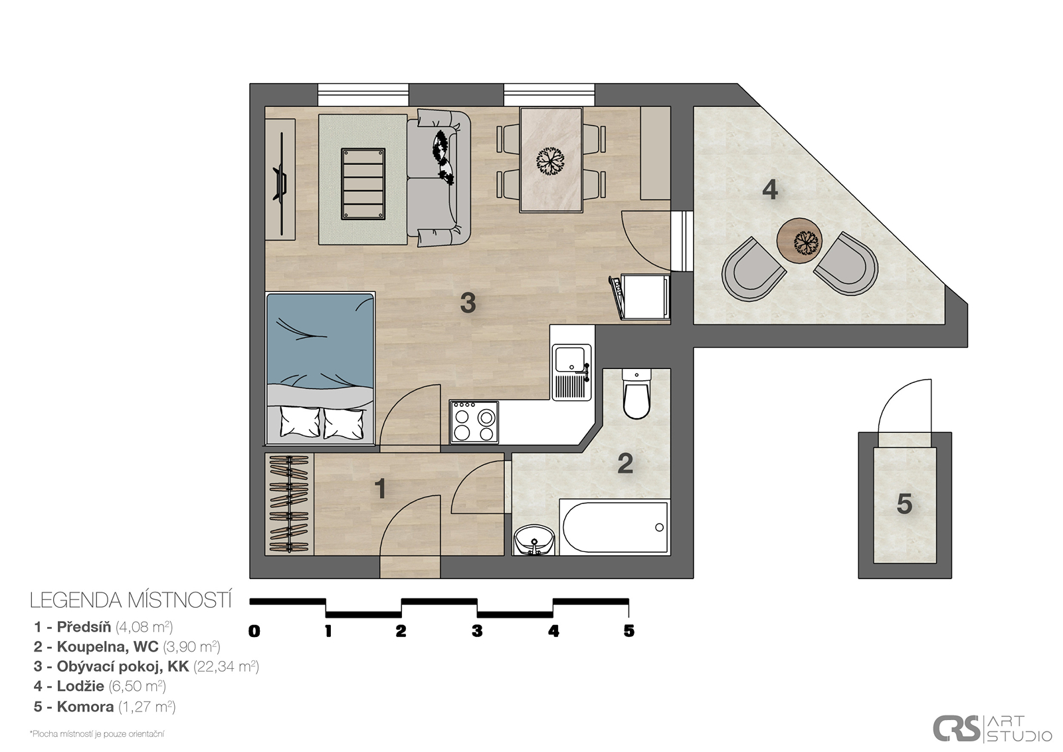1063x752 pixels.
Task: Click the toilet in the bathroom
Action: (636, 394)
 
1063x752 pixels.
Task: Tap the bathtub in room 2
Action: (615, 527)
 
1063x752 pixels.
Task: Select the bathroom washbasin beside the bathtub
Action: (534, 540)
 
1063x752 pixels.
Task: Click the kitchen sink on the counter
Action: (572, 372)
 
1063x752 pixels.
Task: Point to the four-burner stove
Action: (474, 422)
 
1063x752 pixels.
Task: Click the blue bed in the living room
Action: (320, 368)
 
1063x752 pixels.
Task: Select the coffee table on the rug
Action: (363, 184)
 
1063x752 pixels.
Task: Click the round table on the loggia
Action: (799, 241)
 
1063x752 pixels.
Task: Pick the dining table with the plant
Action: (551, 160)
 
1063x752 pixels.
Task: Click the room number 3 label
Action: (468, 303)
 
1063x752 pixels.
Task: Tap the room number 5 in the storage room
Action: (904, 504)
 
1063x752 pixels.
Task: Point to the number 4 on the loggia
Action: (770, 189)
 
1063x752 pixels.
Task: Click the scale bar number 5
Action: (628, 631)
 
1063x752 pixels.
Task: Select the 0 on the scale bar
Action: (254, 631)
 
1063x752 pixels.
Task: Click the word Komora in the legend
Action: (86, 706)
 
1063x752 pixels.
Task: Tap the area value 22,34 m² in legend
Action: (227, 666)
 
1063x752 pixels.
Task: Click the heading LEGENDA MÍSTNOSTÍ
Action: (131, 600)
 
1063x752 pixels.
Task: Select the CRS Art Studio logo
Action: (993, 728)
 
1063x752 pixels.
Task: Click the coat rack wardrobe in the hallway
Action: (290, 504)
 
